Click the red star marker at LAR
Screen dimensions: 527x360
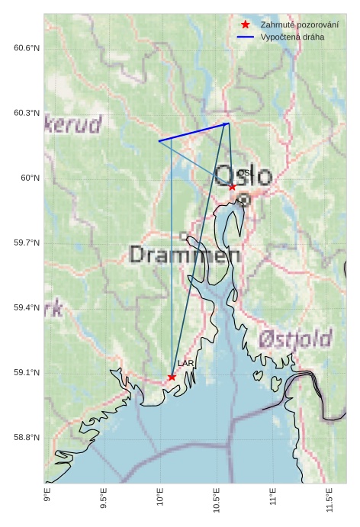click(x=172, y=377)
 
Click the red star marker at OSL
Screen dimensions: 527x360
click(x=233, y=187)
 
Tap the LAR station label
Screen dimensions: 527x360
click(x=185, y=364)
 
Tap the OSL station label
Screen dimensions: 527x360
click(x=244, y=174)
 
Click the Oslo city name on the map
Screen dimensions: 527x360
click(x=243, y=177)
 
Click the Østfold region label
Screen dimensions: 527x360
click(x=294, y=339)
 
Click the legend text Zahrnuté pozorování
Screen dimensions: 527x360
click(x=299, y=24)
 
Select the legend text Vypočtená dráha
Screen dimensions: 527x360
click(x=291, y=37)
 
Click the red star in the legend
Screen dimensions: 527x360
click(x=246, y=24)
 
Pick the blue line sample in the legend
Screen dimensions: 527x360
click(x=246, y=37)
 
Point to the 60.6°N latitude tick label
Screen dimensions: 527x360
click(x=27, y=48)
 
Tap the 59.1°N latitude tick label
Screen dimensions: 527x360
click(x=27, y=372)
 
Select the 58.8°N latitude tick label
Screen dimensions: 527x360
click(x=27, y=437)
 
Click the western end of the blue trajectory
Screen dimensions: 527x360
click(x=159, y=141)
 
